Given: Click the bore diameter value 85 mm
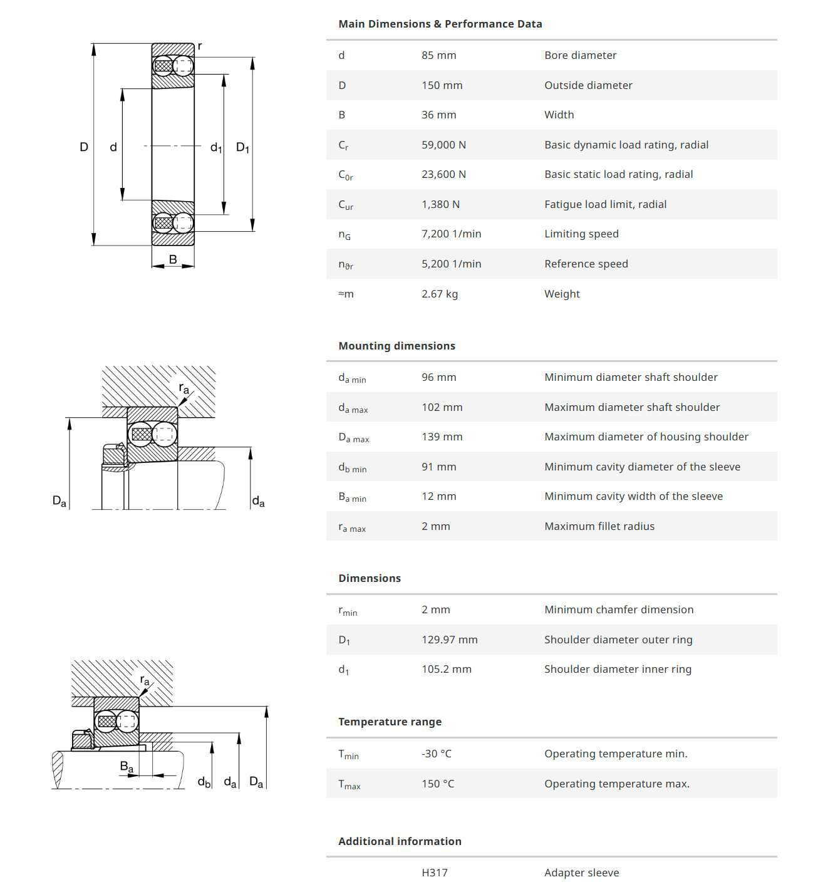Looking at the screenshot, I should pos(438,55).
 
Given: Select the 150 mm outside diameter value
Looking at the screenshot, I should pos(442,85).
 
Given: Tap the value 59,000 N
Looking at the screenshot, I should pos(443,145).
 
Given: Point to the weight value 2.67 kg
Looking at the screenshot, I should pos(439,294).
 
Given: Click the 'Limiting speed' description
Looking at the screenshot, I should pos(581,234).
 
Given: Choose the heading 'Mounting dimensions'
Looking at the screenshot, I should pos(396,346).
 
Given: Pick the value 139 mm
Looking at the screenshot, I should pos(442,437).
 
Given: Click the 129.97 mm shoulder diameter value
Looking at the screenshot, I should pos(449,640).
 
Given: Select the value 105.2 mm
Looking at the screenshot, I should pos(446,669).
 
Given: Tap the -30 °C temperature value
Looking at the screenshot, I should pos(436,754).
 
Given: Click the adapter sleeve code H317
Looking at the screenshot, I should pos(434,873).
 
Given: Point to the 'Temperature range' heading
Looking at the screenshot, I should pos(390,722).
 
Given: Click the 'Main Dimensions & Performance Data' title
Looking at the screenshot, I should pos(440,24).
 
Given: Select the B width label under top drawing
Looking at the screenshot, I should pos(173,259).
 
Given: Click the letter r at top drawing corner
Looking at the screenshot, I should pos(200,46).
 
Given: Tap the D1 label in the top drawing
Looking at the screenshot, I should pos(242,148).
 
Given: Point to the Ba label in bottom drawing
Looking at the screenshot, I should pos(127,767).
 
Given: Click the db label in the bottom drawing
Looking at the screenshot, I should pos(204,782).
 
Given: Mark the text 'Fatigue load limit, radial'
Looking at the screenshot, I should pos(605,204).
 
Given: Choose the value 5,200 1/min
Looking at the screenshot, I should pos(451,264).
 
